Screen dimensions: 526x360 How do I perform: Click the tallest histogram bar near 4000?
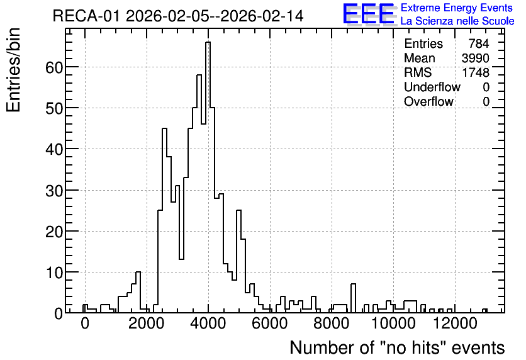(208, 177)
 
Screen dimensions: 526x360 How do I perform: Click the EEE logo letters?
(369, 14)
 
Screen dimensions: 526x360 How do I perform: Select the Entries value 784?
(479, 43)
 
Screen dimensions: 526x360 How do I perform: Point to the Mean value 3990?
(475, 58)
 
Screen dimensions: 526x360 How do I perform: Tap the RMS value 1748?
(475, 72)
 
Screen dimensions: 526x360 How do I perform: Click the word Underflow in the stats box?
(432, 87)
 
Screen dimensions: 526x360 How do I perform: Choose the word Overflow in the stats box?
(428, 101)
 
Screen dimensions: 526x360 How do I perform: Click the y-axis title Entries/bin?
(14, 70)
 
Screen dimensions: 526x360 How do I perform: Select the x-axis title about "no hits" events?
(397, 347)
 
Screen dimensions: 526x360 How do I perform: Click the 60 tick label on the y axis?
(54, 67)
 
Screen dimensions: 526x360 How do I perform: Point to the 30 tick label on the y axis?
(54, 191)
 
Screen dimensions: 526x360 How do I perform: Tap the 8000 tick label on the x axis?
(332, 323)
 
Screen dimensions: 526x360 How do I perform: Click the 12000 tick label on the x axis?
(455, 323)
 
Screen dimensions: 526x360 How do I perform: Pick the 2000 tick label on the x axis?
(147, 323)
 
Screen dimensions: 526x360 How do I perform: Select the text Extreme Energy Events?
(457, 8)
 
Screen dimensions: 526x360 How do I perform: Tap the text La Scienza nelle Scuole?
(457, 21)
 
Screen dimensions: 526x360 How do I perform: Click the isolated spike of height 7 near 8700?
(353, 298)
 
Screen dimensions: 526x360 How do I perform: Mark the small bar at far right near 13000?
(484, 311)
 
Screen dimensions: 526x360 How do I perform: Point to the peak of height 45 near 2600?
(164, 220)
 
